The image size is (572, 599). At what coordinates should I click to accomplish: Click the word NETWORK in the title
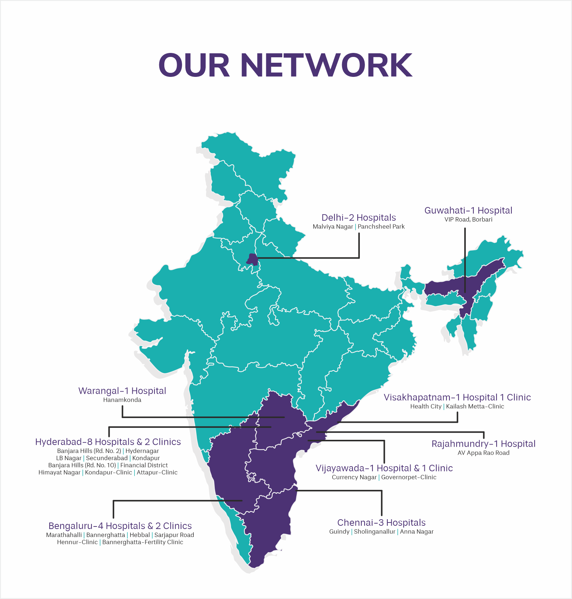[x=326, y=65]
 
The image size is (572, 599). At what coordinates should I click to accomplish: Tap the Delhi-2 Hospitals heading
[x=358, y=218]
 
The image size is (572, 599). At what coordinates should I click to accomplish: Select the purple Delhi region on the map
[x=252, y=260]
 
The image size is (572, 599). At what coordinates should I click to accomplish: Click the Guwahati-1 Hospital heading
[x=468, y=210]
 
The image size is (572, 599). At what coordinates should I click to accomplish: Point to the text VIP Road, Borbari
[x=468, y=219]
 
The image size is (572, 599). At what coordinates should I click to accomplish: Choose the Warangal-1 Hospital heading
[x=122, y=391]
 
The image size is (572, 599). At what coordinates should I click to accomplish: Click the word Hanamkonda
[x=122, y=400]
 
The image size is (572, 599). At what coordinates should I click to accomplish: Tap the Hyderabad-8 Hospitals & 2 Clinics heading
[x=108, y=442]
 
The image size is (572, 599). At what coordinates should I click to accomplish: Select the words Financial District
[x=144, y=465]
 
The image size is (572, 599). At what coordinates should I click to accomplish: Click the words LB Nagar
[x=69, y=458]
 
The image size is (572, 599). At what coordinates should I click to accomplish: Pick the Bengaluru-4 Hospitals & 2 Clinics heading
[x=120, y=526]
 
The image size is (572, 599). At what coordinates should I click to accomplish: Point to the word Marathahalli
[x=64, y=535]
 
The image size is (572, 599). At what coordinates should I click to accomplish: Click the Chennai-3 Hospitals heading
[x=381, y=522]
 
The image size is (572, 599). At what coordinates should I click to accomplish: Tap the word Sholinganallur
[x=374, y=532]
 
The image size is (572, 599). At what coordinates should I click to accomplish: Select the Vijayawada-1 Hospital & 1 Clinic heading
[x=384, y=468]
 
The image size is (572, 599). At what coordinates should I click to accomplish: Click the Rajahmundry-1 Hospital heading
[x=483, y=444]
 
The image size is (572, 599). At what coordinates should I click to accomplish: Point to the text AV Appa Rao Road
[x=483, y=453]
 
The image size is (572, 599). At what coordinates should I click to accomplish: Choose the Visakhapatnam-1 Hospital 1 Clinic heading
[x=457, y=397]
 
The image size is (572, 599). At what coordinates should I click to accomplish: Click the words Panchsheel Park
[x=381, y=227]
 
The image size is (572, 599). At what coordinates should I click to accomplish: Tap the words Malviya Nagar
[x=333, y=227]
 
